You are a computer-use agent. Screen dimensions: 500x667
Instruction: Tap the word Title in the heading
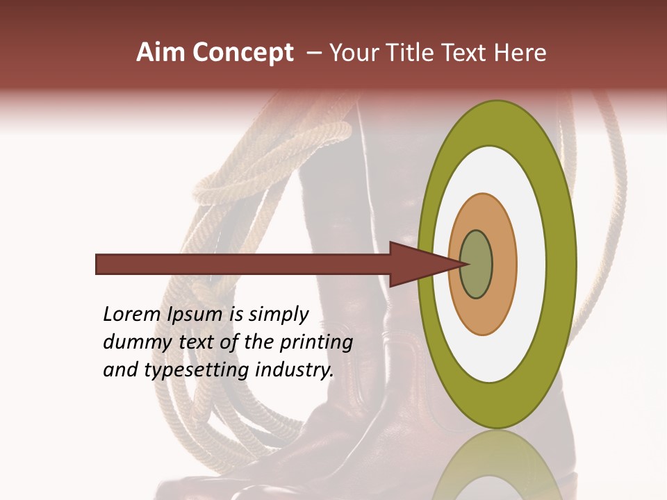[x=416, y=53]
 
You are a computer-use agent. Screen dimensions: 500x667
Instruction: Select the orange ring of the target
[x=503, y=264]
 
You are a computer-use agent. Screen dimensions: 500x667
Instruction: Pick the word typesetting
[x=186, y=371]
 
